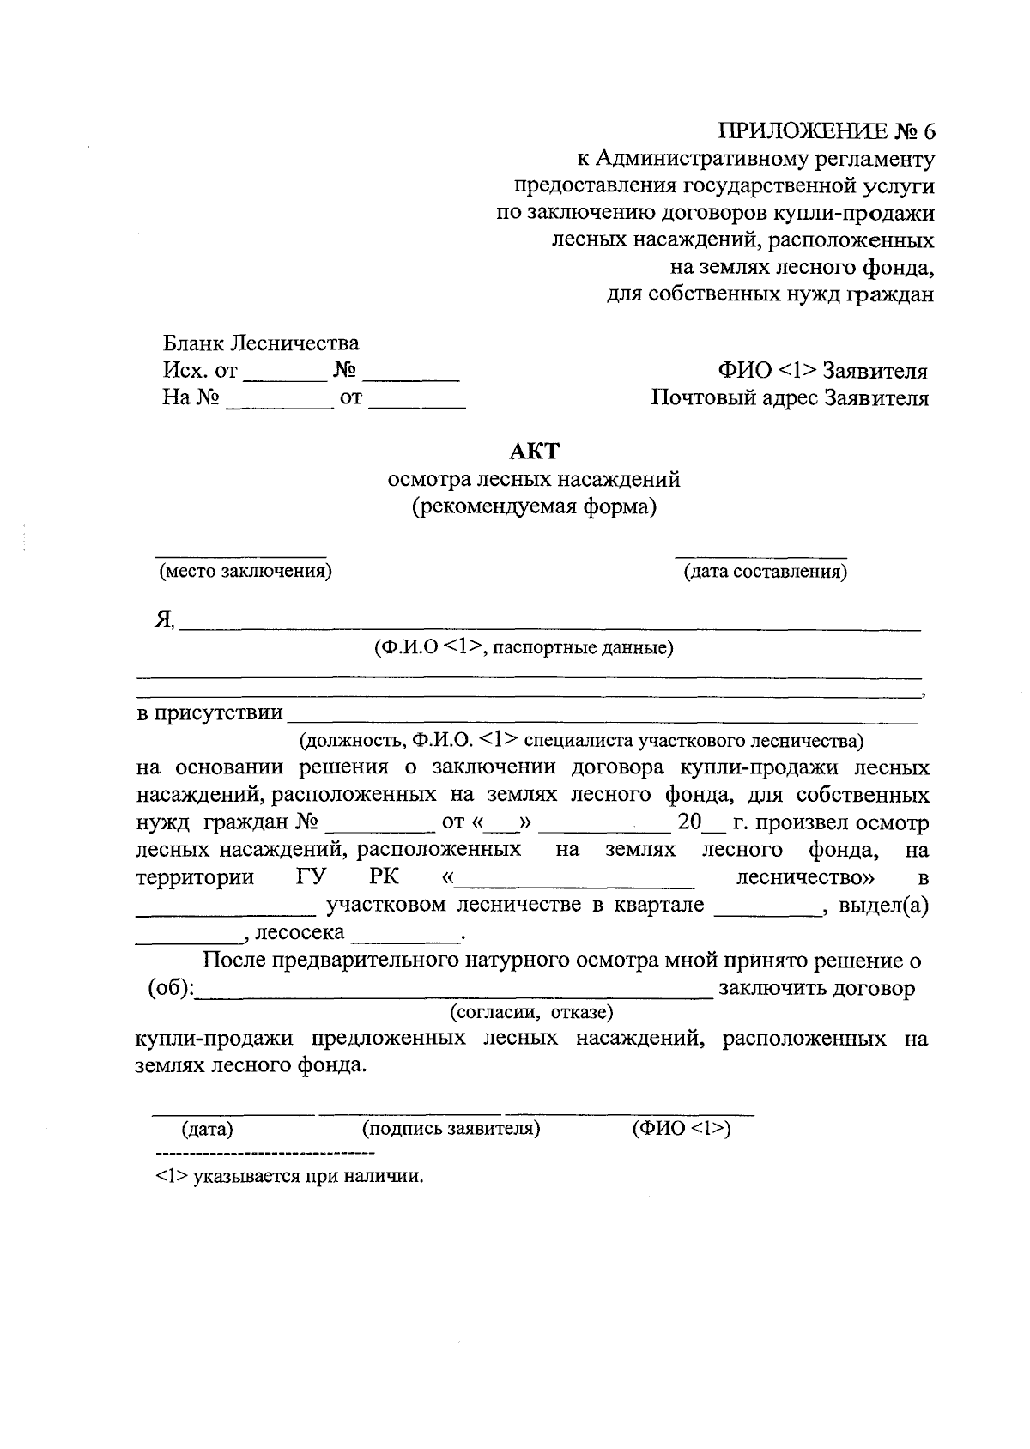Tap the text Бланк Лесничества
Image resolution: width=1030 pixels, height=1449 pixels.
point(261,343)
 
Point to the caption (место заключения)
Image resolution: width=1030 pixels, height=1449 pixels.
point(245,572)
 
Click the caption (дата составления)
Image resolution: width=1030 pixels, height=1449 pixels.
point(764,572)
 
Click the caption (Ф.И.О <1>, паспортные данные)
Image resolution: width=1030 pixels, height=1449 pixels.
point(523,647)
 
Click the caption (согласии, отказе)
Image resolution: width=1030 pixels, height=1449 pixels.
point(531,1012)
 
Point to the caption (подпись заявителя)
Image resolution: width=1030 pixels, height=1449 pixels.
point(451,1128)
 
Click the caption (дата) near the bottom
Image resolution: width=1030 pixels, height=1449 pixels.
point(207,1129)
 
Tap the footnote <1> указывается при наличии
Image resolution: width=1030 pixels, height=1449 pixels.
point(290,1176)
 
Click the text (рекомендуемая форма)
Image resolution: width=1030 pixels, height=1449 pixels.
point(533,506)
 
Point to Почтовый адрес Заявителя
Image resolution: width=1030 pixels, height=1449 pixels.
point(789,398)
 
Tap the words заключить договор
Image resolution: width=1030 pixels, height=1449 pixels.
point(816,988)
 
